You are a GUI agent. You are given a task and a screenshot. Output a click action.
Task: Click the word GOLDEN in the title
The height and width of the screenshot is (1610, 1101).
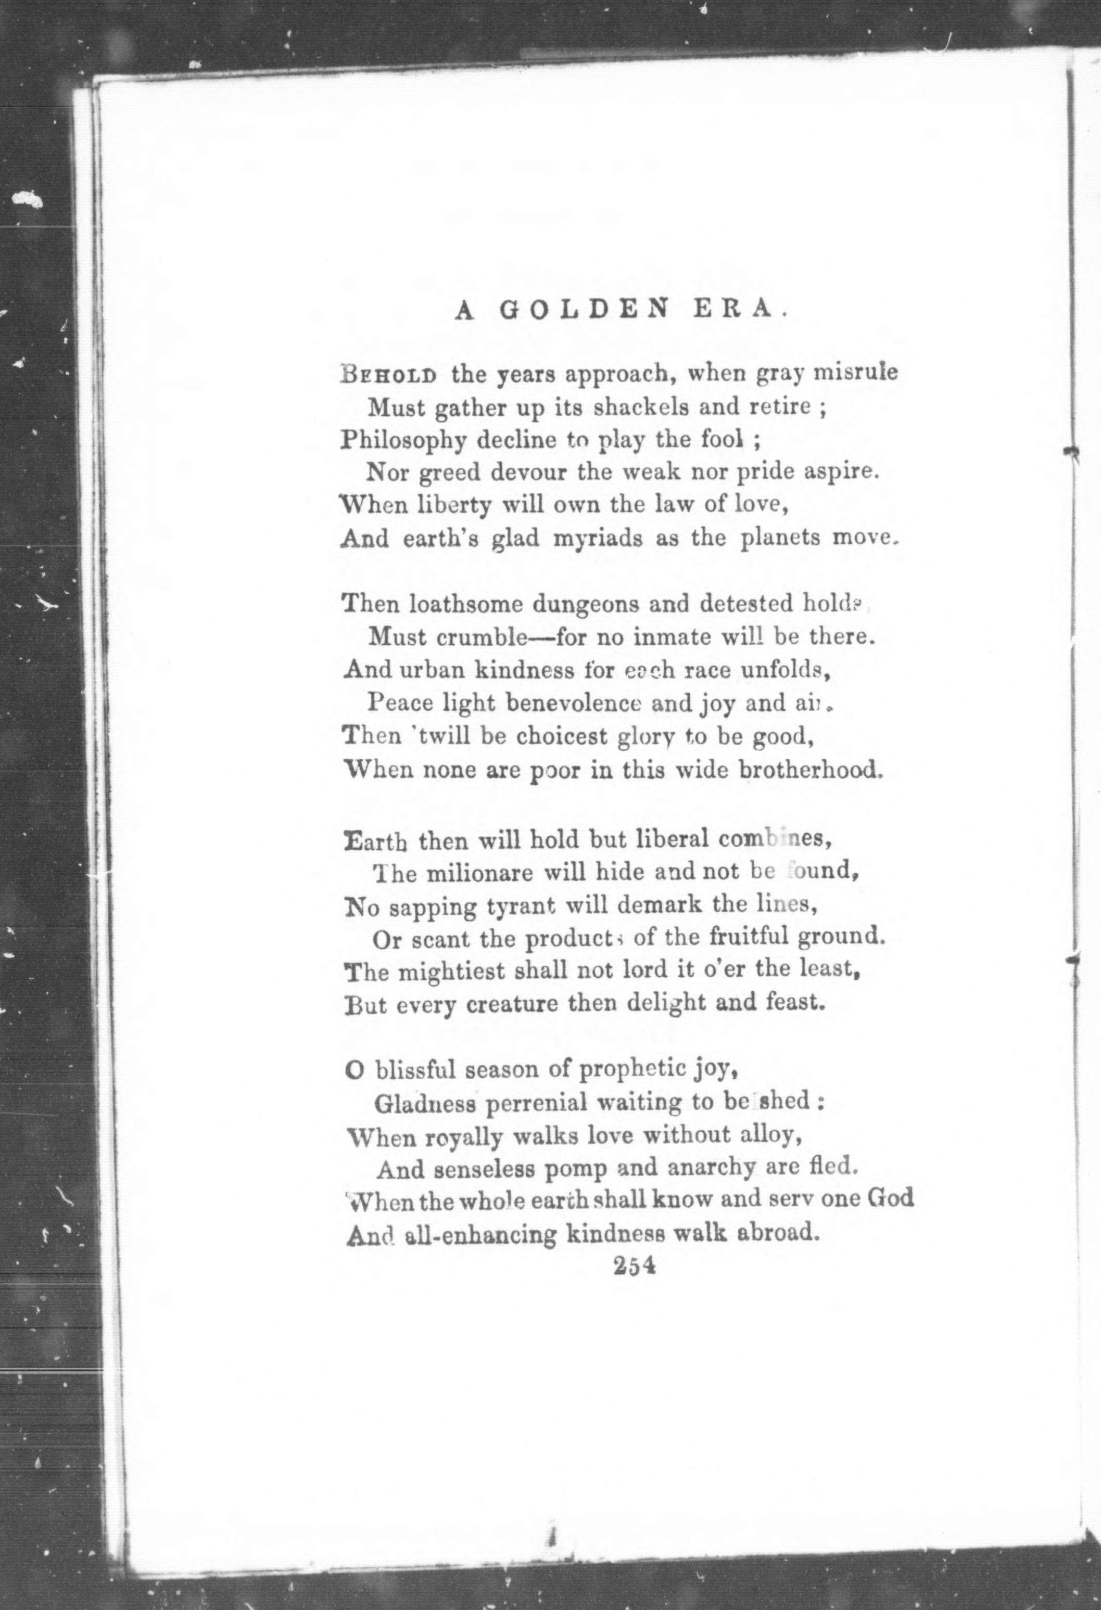pyautogui.click(x=585, y=310)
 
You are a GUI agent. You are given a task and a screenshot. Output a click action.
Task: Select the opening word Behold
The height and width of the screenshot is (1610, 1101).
pyautogui.click(x=389, y=374)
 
